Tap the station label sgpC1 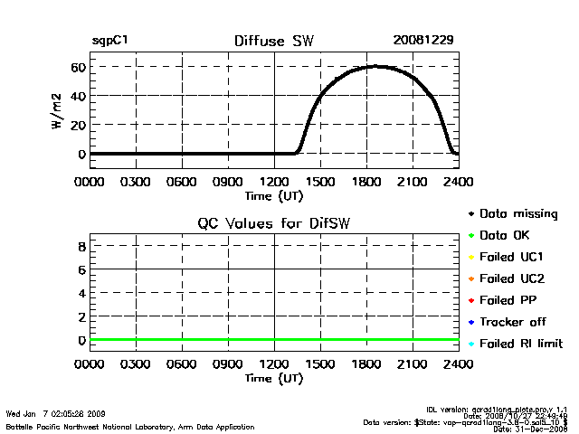[110, 42]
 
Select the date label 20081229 [422, 42]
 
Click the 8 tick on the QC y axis [81, 246]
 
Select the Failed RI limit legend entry [520, 344]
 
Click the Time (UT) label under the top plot [273, 194]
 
